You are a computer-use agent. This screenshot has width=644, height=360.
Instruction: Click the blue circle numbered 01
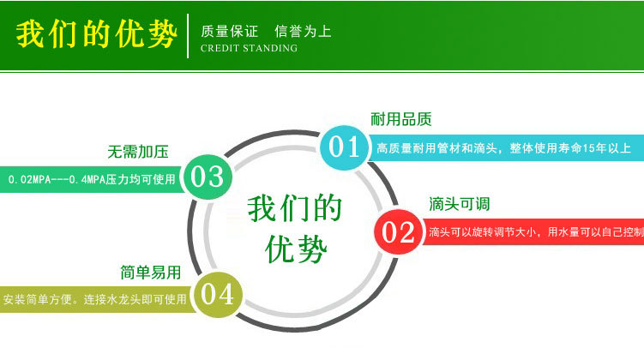point(345,147)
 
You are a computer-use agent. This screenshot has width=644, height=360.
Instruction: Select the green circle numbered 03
point(207,177)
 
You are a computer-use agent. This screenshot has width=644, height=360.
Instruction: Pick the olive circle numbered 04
point(216,294)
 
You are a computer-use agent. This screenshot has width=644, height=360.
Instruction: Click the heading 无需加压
point(138,153)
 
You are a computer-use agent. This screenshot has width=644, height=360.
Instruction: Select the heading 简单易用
point(151,273)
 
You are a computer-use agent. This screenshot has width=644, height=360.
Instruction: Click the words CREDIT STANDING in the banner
point(249,49)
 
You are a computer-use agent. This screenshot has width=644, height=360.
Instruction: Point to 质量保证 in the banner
point(229,32)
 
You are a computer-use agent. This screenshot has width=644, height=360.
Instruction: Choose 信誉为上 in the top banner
point(303,32)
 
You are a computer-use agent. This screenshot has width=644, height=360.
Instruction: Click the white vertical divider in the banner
point(188,36)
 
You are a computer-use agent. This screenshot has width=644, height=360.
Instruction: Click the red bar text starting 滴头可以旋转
point(534,232)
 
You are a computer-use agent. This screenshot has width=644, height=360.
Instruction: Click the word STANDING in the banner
point(270,49)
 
